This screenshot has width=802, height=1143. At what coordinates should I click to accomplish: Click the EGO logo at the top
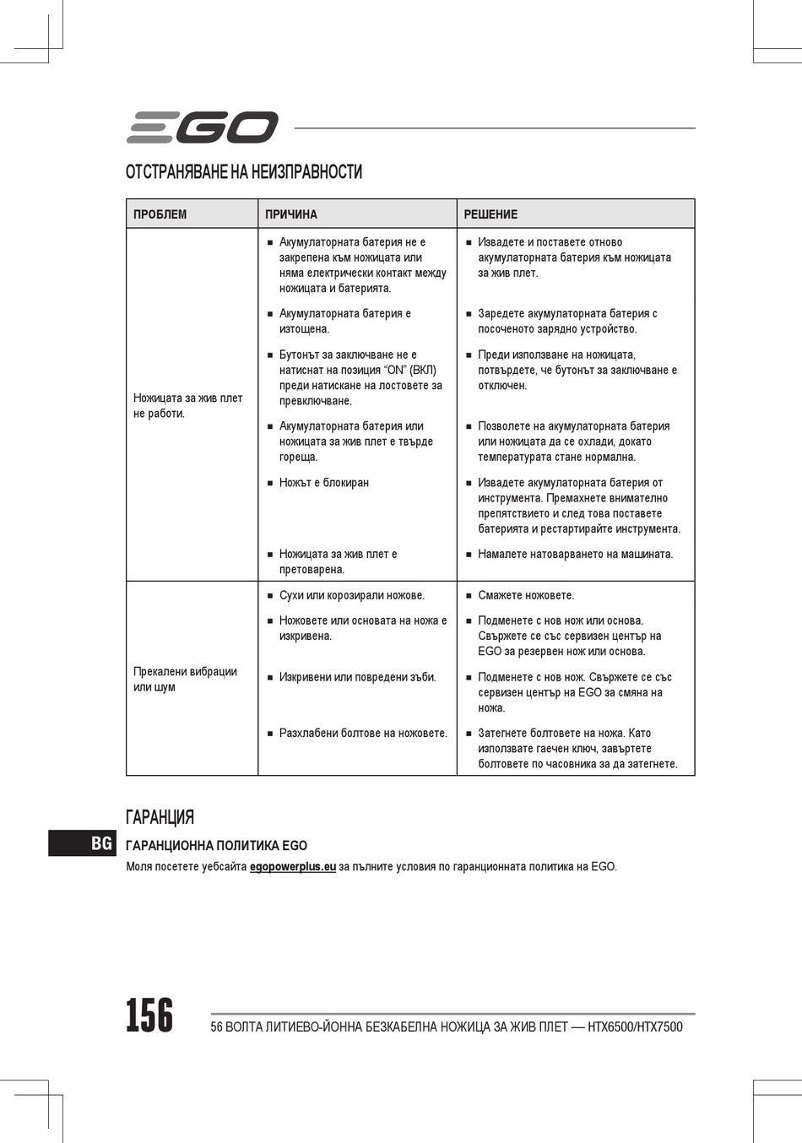click(x=203, y=127)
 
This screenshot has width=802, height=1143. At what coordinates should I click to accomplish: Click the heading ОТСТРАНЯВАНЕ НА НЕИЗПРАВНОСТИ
click(x=244, y=172)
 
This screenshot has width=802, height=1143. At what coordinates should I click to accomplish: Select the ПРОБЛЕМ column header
click(x=160, y=214)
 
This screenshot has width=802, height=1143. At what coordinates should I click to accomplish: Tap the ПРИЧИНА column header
click(x=291, y=214)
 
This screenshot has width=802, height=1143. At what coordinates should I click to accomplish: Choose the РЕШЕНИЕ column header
click(x=490, y=214)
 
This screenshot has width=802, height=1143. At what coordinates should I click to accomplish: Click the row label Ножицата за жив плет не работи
click(x=187, y=406)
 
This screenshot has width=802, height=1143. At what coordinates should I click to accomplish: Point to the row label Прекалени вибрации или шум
click(x=185, y=680)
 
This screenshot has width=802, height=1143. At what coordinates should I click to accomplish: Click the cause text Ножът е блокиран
click(x=324, y=483)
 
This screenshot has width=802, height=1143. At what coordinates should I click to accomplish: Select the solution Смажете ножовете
click(x=526, y=596)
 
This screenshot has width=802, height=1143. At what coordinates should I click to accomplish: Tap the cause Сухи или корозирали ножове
click(x=352, y=596)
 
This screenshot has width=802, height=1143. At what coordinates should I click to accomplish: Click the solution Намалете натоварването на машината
click(x=575, y=555)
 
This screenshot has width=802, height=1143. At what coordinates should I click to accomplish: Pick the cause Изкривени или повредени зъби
click(x=357, y=677)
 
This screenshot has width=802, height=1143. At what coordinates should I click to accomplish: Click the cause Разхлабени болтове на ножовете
click(x=363, y=734)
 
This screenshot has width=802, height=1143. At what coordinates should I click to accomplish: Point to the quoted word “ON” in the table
click(x=395, y=371)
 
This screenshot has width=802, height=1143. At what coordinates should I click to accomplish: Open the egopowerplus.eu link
click(x=293, y=867)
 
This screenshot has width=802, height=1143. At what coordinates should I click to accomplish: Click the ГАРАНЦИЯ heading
click(x=160, y=817)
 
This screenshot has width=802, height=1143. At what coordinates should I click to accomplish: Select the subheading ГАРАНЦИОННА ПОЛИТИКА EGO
click(x=216, y=846)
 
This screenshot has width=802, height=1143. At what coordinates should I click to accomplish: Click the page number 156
click(x=149, y=1016)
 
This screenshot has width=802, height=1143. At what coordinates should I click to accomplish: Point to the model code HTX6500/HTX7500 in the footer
click(x=635, y=1027)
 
